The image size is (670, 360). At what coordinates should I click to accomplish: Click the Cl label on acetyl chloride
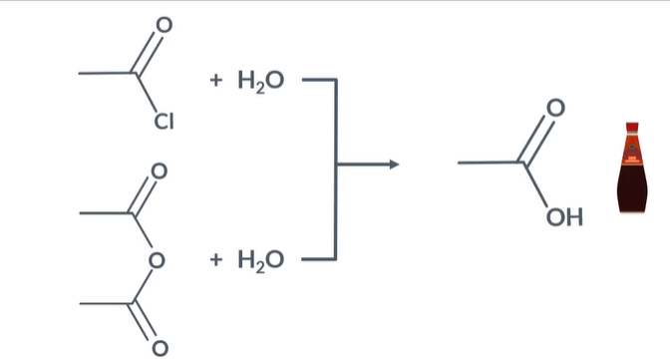(164, 123)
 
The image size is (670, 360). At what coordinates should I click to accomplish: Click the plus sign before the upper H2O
(215, 79)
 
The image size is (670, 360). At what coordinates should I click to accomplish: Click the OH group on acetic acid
(564, 216)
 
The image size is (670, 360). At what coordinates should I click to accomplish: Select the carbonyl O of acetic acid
(556, 107)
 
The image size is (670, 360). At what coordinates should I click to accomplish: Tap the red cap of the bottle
(631, 129)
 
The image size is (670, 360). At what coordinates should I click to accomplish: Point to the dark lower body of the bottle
(631, 191)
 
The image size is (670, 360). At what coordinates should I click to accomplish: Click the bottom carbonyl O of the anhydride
(158, 349)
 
